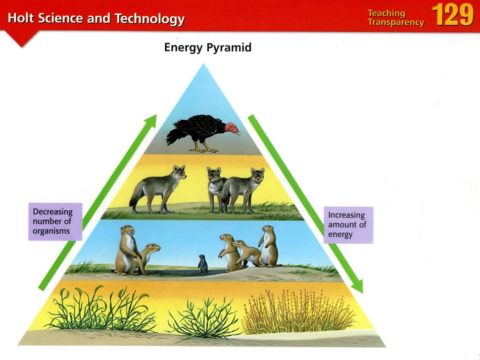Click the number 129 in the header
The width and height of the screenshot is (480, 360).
(453, 15)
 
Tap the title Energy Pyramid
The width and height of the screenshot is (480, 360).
(208, 48)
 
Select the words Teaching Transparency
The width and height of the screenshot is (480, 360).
(396, 18)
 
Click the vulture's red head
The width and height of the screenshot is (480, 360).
(231, 128)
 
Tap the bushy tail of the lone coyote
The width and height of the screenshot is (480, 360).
(135, 197)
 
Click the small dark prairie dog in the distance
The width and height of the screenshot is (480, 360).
(203, 264)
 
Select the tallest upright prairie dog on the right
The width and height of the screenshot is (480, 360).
(269, 246)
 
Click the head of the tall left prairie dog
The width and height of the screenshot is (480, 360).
(128, 230)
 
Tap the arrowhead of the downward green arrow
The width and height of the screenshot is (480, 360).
(358, 286)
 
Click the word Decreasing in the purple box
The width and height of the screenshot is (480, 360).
(53, 212)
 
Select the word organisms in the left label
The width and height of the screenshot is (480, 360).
(51, 231)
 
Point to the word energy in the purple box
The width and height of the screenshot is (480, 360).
(341, 235)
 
